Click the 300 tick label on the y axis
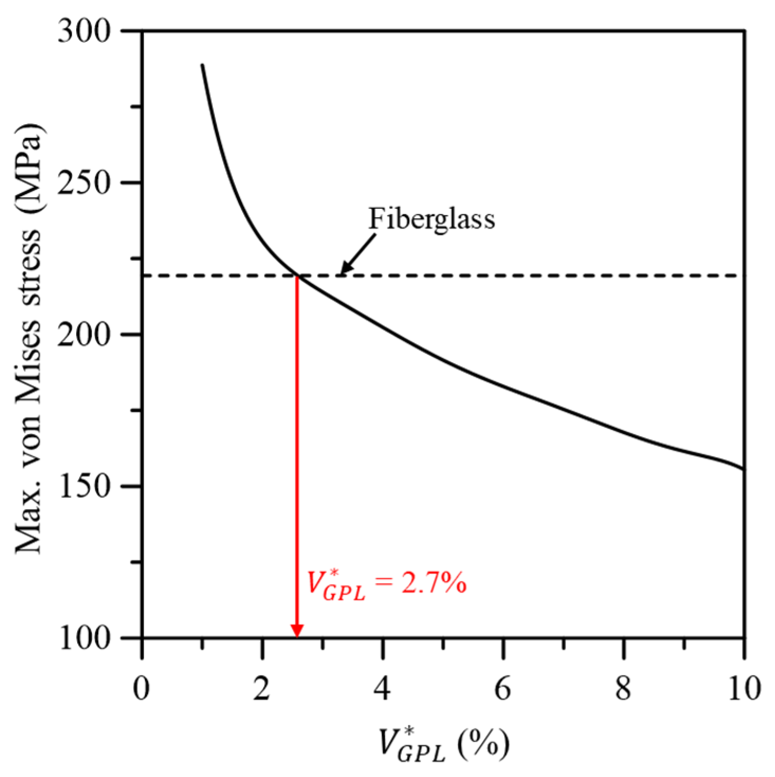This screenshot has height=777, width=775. point(85,32)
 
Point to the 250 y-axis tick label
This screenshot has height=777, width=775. point(85,183)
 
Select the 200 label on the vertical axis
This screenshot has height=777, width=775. point(85,335)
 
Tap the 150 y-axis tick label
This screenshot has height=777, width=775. point(85,486)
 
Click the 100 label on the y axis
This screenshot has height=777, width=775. point(85,638)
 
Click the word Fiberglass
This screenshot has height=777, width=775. point(431,218)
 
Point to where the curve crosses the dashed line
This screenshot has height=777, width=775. point(297,275)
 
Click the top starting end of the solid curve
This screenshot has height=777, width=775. point(202,64)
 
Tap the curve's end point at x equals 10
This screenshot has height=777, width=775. point(744,469)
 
